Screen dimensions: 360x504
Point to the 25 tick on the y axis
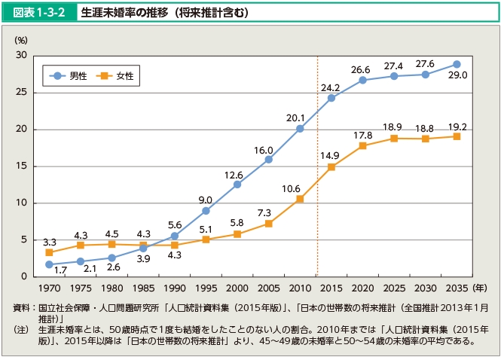pos(21,93)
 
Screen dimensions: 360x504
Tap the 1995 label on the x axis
pos(206,288)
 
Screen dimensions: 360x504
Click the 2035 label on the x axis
pos(457,288)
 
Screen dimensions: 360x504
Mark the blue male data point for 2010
pos(300,129)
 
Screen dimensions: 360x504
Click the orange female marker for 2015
pos(331,166)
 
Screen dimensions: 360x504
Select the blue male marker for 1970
pos(49,264)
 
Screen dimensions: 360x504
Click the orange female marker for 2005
pos(268,224)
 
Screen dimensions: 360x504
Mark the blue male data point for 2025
pos(394,76)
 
